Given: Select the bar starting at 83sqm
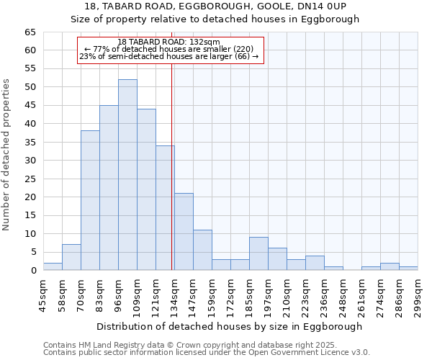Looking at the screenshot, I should pos(109,188).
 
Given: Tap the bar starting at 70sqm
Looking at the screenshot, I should pos(90,200).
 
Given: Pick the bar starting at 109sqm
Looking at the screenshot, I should pos(146,189).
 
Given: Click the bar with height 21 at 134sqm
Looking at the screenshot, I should pos(184,232).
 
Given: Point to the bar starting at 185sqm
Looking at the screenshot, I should pos(258,253).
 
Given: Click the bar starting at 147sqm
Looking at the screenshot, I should pos(202,250).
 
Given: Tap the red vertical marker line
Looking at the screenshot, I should pos(172,180).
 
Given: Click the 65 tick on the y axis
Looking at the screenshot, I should pos(30,32).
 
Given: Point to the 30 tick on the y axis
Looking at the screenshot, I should pos(30,161).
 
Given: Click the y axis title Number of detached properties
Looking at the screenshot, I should pos(7,155).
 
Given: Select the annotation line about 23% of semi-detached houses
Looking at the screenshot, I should pos(168,56).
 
